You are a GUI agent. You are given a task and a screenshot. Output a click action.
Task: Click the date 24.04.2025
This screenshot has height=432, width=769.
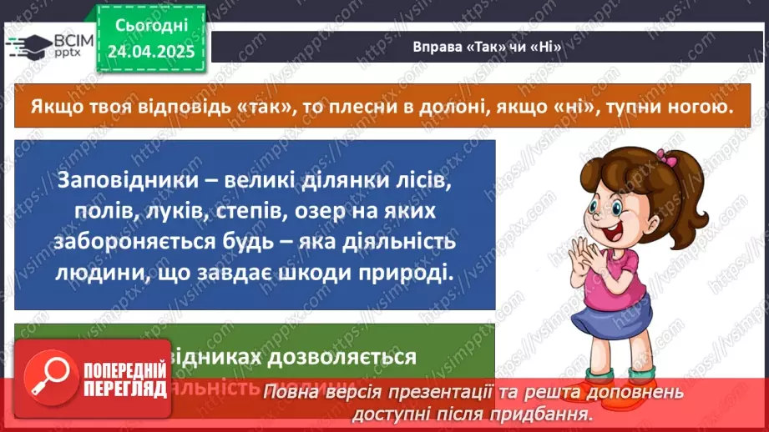(150, 51)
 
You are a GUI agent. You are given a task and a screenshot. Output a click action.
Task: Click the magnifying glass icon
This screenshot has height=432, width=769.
(48, 379)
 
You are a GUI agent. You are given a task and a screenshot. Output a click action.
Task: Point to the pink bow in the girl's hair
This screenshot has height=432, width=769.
(665, 158)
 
